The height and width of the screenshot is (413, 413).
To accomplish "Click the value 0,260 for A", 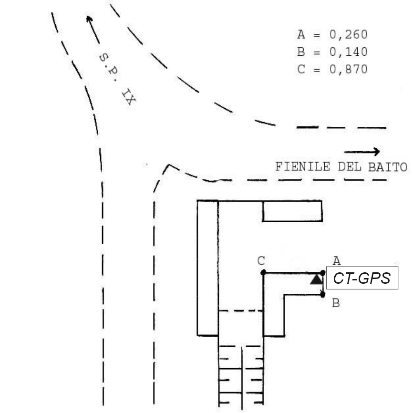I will [349, 35].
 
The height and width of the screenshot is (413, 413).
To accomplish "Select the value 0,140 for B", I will [349, 52].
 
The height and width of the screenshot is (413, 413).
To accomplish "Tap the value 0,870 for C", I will [349, 69].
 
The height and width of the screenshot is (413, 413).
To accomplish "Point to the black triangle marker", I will [316, 279].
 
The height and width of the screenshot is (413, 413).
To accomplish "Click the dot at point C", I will [263, 272].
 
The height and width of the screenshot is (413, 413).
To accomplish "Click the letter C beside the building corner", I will [260, 261].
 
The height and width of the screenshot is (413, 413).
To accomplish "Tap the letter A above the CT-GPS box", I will [337, 261].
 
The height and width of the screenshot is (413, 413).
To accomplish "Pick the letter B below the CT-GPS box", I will [336, 303].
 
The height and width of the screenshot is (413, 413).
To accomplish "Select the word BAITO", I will [388, 167].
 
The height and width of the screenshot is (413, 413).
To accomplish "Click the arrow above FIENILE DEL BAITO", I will [362, 152].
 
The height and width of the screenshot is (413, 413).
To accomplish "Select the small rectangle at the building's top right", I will [292, 211].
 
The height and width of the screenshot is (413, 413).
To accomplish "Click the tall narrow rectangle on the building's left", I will [207, 268].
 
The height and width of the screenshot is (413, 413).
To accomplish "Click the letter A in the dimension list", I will [301, 35].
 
